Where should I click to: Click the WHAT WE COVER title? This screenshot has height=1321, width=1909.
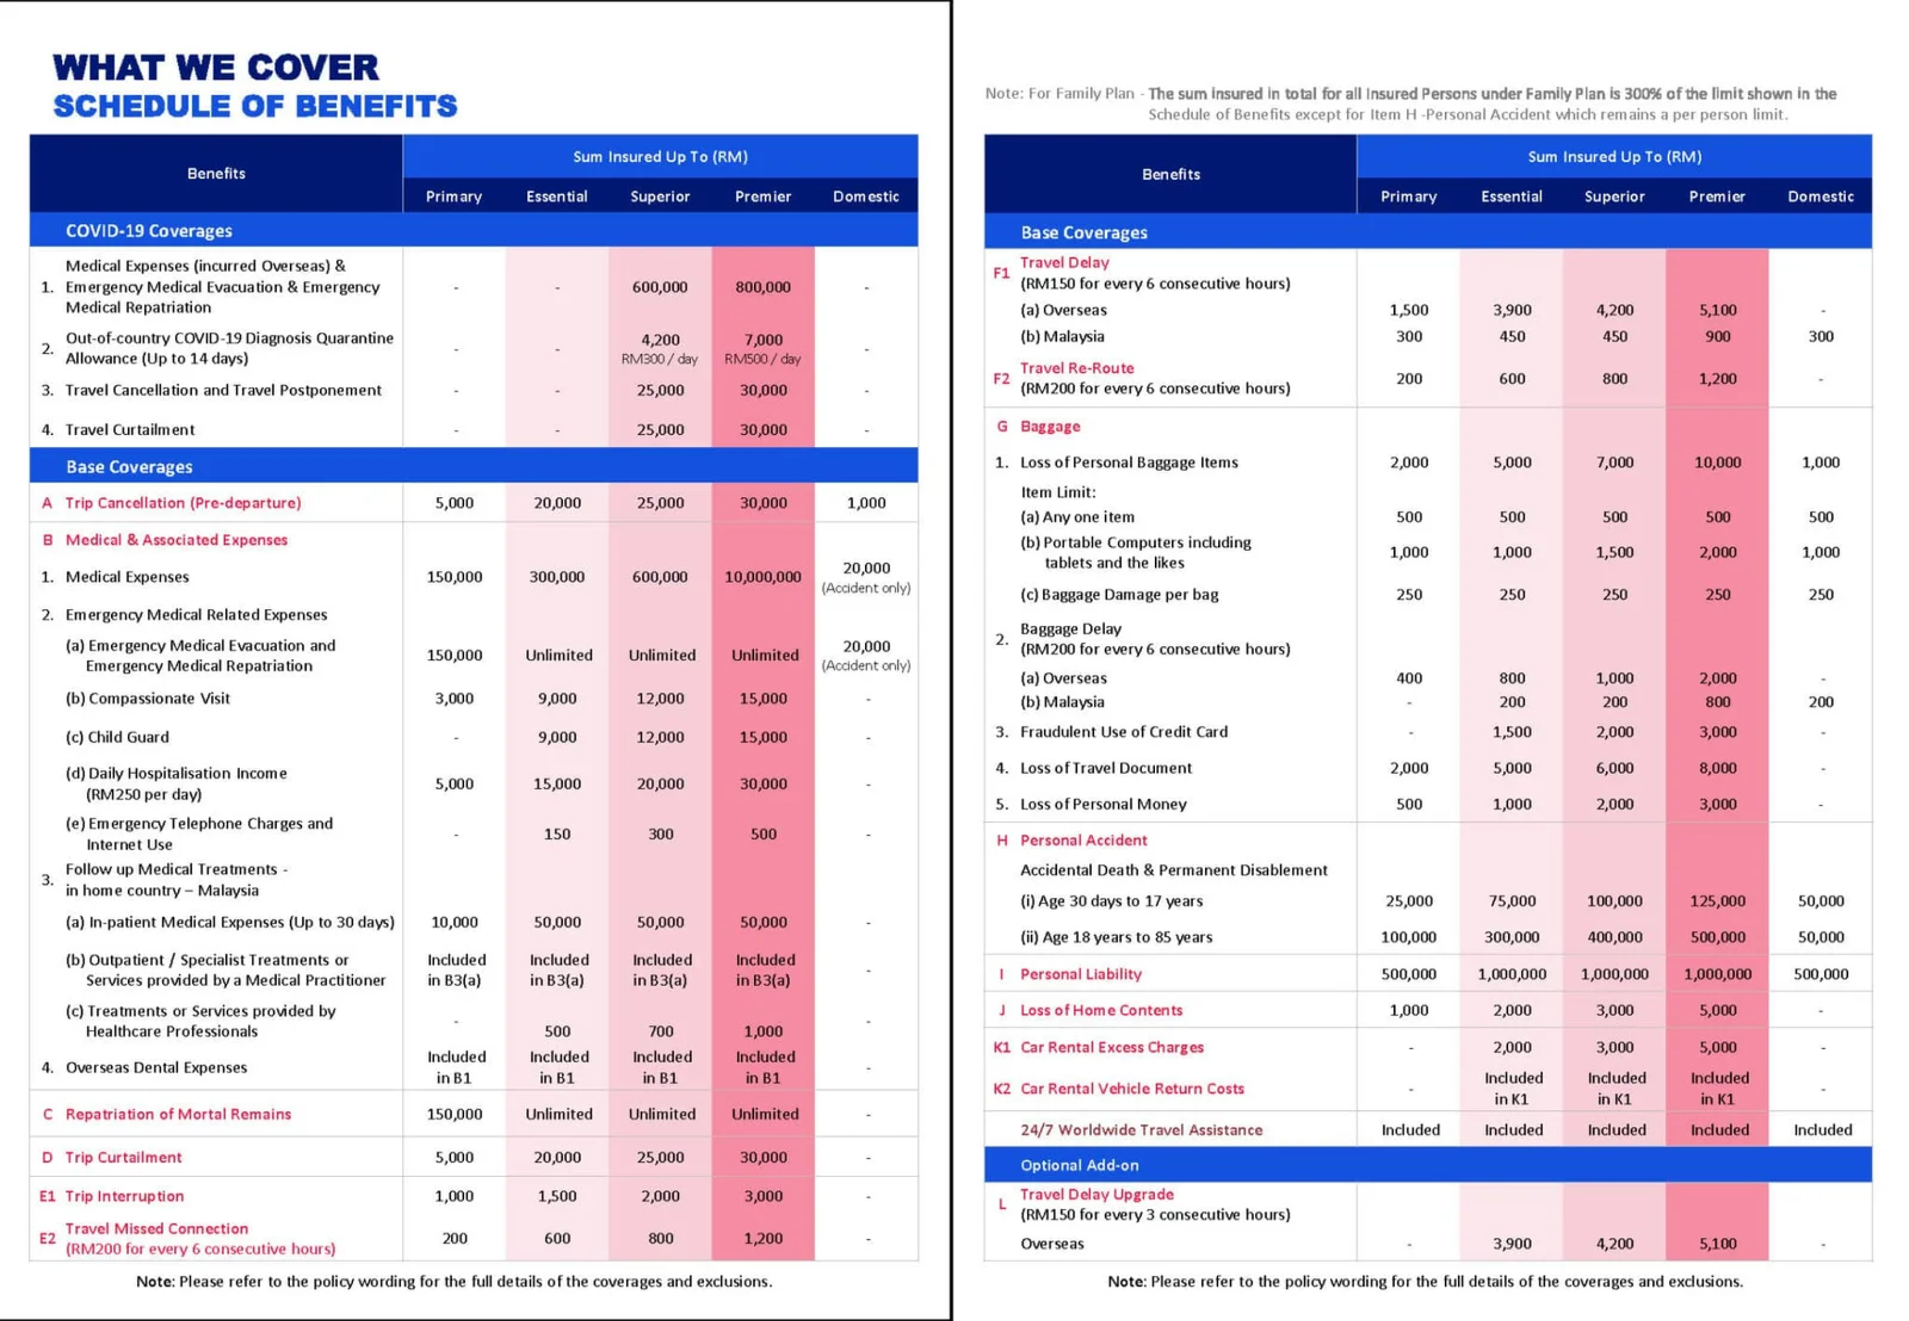pos(215,68)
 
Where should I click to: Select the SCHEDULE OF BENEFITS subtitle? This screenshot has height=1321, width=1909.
pos(255,106)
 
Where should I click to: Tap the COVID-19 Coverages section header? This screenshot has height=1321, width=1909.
pos(149,231)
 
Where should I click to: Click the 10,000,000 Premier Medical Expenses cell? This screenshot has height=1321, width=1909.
pos(762,577)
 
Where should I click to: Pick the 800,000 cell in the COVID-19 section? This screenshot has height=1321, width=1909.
pos(762,287)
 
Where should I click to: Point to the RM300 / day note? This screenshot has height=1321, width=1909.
pos(660,359)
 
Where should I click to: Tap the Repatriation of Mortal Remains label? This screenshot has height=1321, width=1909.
pos(178,1114)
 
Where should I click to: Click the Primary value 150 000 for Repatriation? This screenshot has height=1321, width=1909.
pos(455,1114)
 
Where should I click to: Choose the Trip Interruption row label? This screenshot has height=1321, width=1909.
pos(124,1196)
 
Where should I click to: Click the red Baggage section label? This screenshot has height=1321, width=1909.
pos(1050,426)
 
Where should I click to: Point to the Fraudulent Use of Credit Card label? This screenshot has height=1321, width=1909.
pos(1124,732)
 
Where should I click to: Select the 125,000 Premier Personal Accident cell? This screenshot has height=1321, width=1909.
pos(1717,900)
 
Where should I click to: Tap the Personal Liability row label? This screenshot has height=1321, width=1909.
pos(1080,974)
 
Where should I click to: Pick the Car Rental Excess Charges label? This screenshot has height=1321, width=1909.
pos(1112,1047)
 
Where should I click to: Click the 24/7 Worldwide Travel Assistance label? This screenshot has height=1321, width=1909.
pos(1141,1130)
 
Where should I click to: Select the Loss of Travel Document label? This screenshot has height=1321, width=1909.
pos(1106,768)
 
